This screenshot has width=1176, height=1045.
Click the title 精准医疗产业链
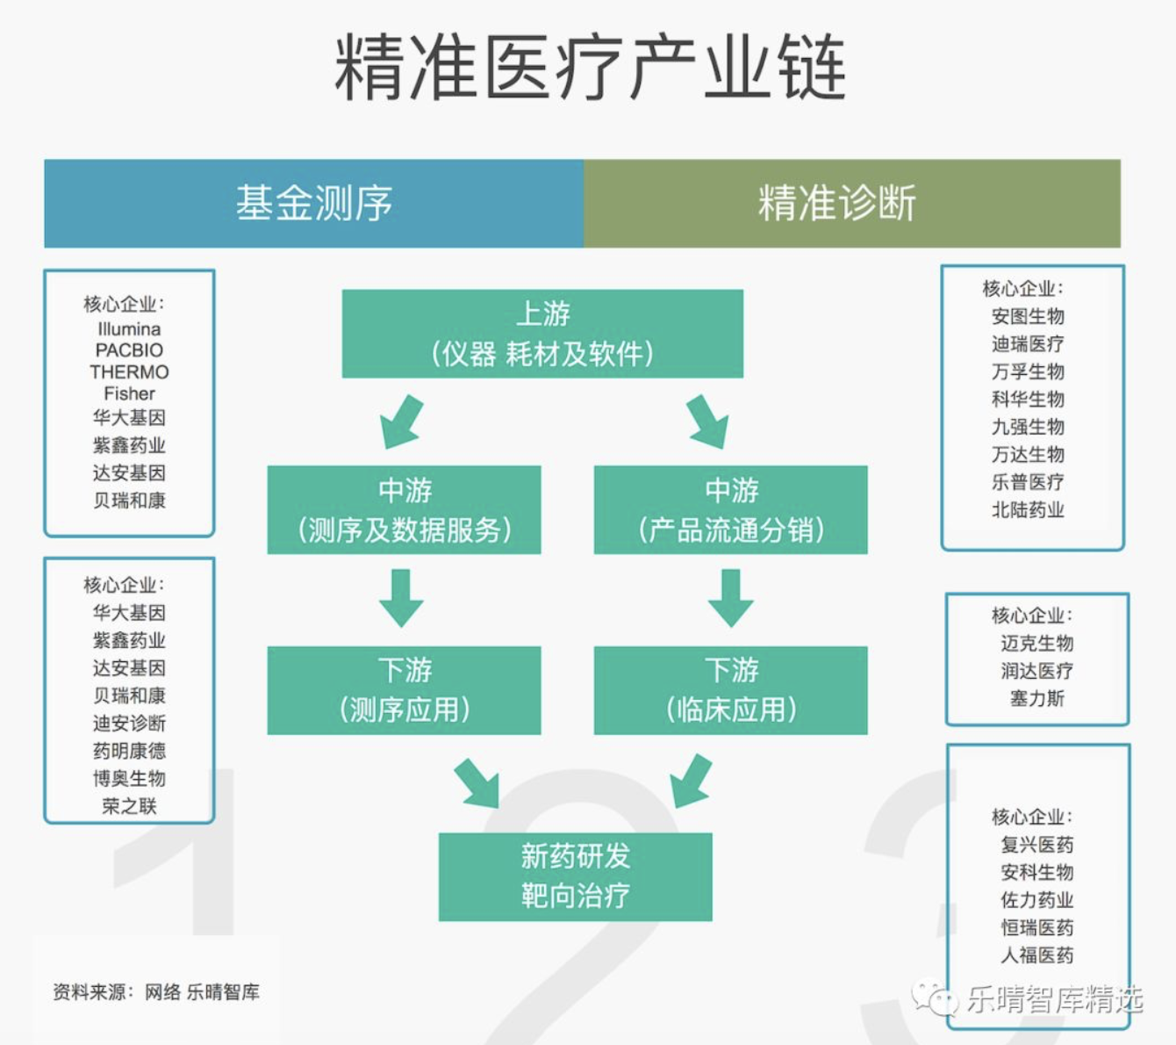pyautogui.click(x=590, y=67)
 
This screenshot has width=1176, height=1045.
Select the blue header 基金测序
pyautogui.click(x=314, y=204)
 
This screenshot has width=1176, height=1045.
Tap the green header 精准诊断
pyautogui.click(x=852, y=204)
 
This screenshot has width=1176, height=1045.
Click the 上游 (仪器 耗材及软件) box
pyautogui.click(x=542, y=334)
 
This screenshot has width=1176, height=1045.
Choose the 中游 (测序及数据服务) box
pyautogui.click(x=404, y=510)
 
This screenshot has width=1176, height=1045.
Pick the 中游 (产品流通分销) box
pyautogui.click(x=731, y=510)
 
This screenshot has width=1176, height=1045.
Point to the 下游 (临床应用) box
pyautogui.click(x=731, y=690)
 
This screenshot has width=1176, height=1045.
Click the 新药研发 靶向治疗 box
pyautogui.click(x=575, y=877)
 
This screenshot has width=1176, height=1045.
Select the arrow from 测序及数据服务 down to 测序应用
pyautogui.click(x=401, y=598)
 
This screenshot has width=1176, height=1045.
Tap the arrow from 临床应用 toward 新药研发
pyautogui.click(x=691, y=782)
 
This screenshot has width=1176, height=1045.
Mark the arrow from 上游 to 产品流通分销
pyautogui.click(x=707, y=422)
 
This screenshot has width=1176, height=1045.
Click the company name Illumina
pyautogui.click(x=129, y=329)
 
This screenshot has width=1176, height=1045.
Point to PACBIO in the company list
pyautogui.click(x=129, y=350)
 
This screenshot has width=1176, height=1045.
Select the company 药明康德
pyautogui.click(x=129, y=751)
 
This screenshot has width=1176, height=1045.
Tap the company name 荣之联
pyautogui.click(x=129, y=806)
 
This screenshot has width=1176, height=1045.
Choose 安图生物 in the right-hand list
pyautogui.click(x=1028, y=317)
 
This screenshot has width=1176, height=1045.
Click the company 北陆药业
pyautogui.click(x=1028, y=510)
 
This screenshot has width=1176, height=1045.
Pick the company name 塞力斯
pyautogui.click(x=1037, y=698)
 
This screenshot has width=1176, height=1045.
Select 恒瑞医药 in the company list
pyautogui.click(x=1037, y=927)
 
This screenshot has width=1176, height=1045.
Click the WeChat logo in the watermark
pyautogui.click(x=935, y=998)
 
